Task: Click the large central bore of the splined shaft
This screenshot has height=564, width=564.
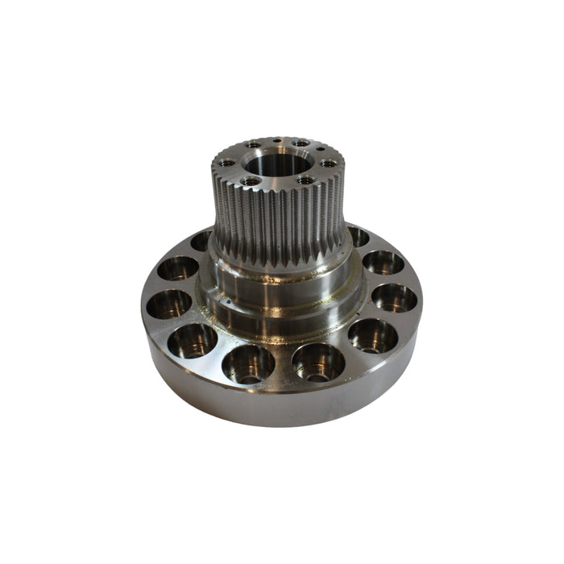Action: click(276, 165)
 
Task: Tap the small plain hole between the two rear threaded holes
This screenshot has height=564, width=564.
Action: click(276, 140)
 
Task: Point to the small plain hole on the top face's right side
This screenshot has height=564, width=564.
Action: click(321, 150)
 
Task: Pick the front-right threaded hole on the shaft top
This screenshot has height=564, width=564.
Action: click(305, 180)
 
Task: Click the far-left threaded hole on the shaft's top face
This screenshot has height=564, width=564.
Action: click(228, 162)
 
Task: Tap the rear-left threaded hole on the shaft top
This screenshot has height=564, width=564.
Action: click(253, 145)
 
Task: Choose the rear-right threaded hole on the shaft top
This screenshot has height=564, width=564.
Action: click(301, 143)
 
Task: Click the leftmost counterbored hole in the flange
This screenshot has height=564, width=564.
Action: click(169, 304)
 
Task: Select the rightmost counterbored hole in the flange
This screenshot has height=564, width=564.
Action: click(394, 297)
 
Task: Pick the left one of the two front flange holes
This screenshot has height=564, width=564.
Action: click(247, 363)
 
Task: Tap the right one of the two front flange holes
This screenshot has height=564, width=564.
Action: click(318, 362)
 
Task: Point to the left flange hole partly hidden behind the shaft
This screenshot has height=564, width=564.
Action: click(201, 240)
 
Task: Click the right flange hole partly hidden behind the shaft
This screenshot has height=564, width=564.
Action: click(358, 236)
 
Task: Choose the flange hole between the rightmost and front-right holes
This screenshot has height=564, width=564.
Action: click(372, 335)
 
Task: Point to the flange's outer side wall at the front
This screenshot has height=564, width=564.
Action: click(282, 407)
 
